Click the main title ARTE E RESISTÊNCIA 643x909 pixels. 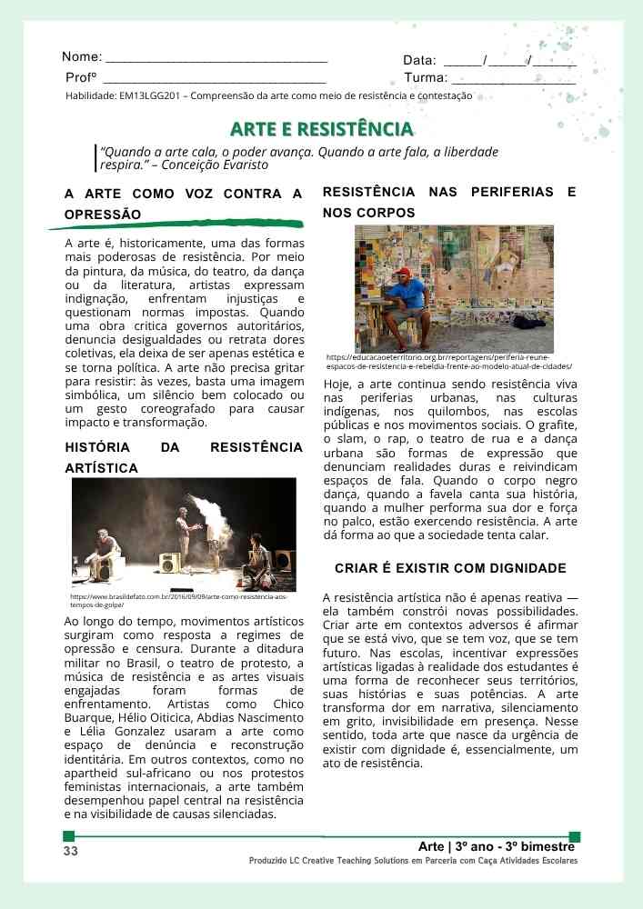coord(321,129)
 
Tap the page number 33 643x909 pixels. coord(70,851)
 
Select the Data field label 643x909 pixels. coord(419,61)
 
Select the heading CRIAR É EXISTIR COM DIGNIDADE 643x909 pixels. coord(450,568)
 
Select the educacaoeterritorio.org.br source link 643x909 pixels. coord(448,362)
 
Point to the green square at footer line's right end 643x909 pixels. coord(574,836)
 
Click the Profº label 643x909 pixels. coord(81,78)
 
